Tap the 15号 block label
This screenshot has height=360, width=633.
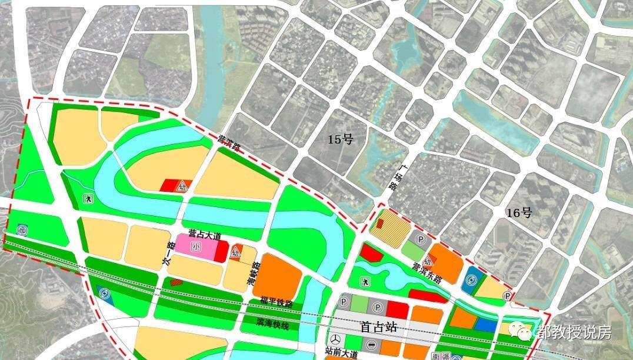coord(339,139)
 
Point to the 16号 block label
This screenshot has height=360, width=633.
coord(519,213)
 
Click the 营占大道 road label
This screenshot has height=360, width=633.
coord(204,235)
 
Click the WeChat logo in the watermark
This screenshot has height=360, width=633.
coord(519,332)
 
